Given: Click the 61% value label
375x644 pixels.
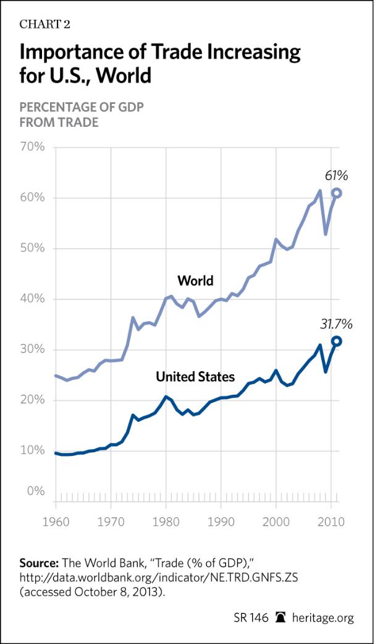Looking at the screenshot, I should point(336,176).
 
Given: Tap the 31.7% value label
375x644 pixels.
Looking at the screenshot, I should point(336,324).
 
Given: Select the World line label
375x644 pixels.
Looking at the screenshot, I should point(195,281).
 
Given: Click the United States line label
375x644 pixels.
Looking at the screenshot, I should point(195,376).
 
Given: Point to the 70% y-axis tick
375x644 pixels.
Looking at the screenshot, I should point(33,147).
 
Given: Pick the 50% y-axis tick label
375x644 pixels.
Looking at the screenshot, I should point(33,249).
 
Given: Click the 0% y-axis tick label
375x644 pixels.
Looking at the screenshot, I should point(36,492).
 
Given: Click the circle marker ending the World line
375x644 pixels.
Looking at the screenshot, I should point(337,193).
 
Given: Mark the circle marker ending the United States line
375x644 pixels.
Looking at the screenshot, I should point(337,341).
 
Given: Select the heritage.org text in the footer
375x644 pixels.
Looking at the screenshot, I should point(330,619).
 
